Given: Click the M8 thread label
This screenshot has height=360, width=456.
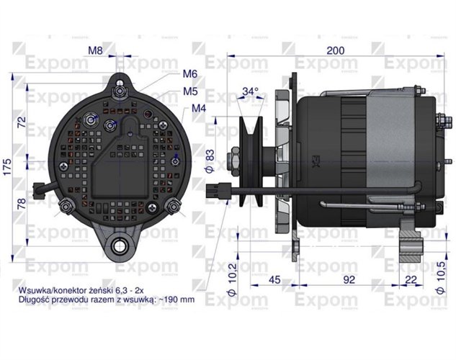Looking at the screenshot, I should click(x=96, y=50).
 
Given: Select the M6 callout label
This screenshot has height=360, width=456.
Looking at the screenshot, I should click(x=190, y=74).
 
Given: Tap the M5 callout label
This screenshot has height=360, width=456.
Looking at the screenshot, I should click(x=190, y=91).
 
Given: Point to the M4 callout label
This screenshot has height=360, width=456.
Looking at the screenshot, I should click(x=200, y=109).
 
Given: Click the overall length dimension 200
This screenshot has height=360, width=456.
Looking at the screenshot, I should click(x=334, y=50).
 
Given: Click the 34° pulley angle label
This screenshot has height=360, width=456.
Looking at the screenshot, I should click(x=250, y=91).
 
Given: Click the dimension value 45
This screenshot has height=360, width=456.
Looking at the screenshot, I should click(x=274, y=280).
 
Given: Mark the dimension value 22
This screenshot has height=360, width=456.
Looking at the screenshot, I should click(x=411, y=280).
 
